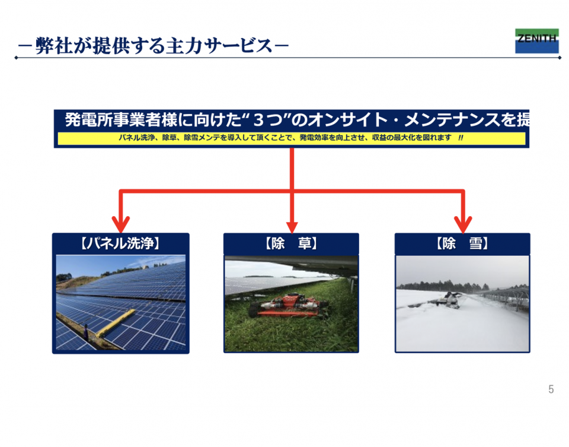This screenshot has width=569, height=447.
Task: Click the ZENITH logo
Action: click(537, 41)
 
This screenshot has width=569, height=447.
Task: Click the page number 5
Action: click(551, 389)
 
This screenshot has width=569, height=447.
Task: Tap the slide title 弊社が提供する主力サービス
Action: click(154, 46)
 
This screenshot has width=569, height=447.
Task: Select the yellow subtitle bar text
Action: click(291, 138)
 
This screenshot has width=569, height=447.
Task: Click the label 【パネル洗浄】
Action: click(120, 243)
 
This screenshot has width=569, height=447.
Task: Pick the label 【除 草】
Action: click(292, 243)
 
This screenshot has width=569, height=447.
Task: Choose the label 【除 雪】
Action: click(462, 243)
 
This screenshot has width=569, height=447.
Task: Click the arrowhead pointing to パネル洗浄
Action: click(121, 224)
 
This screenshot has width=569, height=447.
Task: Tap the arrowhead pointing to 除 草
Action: click(292, 227)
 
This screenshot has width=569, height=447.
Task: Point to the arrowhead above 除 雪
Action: click(463, 224)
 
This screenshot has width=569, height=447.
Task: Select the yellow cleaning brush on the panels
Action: click(114, 322)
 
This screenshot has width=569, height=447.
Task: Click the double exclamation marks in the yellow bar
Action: click(461, 138)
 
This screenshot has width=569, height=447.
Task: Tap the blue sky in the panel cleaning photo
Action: click(94, 265)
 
